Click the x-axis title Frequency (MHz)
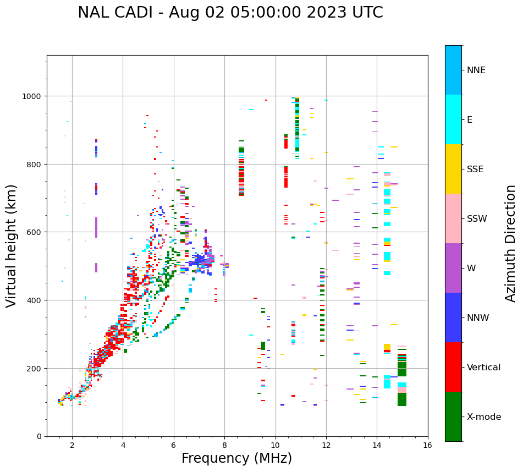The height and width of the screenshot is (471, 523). [236, 458]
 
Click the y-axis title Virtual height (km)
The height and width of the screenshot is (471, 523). [12, 245]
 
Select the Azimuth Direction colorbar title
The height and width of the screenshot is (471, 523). [511, 243]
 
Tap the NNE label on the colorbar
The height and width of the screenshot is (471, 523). [476, 70]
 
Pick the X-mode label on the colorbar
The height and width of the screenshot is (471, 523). [484, 417]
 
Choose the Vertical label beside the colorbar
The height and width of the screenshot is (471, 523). [483, 367]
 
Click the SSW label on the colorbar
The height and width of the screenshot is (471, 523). [477, 218]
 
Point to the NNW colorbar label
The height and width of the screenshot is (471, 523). [478, 317]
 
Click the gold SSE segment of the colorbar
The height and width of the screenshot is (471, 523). [453, 169]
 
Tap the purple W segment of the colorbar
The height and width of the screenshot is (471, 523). [453, 268]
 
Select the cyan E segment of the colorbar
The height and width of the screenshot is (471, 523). [453, 119]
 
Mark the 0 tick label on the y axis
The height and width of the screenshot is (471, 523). [38, 436]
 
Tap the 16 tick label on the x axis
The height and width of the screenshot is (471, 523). [427, 445]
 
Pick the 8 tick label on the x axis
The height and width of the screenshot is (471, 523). [224, 445]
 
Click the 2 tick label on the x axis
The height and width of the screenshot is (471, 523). [72, 445]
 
